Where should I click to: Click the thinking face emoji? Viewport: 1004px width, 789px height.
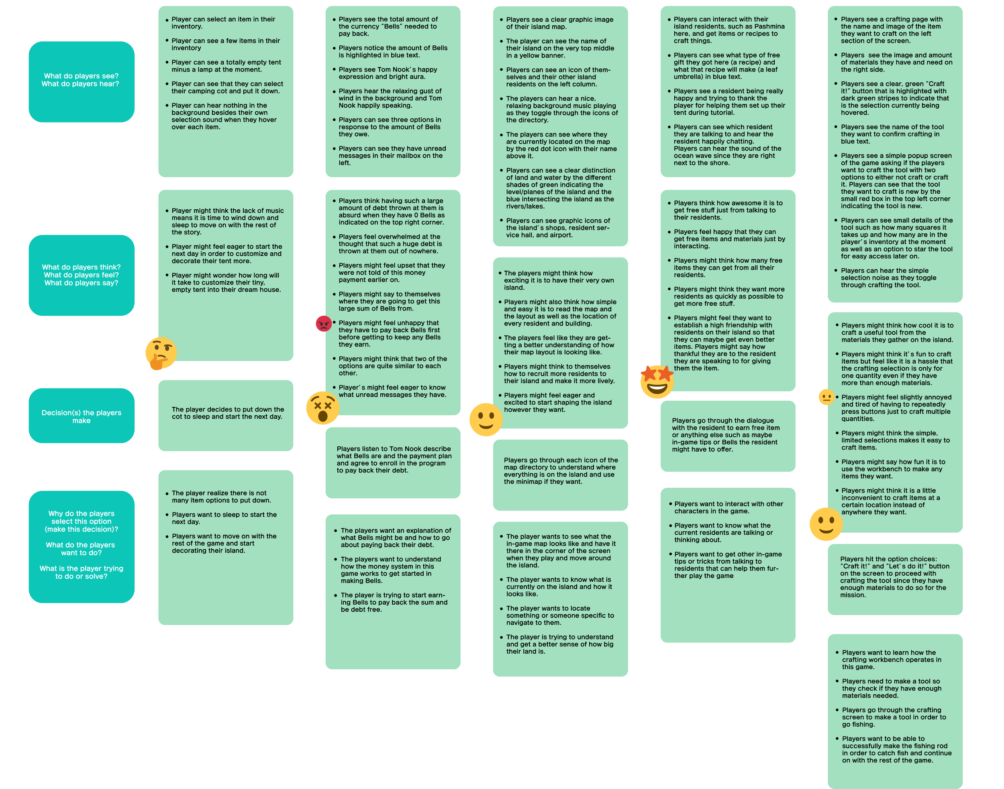click(160, 354)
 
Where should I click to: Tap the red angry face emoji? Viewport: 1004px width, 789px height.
click(323, 323)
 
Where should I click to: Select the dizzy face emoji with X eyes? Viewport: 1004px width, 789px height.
click(322, 408)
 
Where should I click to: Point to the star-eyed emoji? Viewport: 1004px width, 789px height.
click(657, 382)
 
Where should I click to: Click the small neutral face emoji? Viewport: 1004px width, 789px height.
click(826, 397)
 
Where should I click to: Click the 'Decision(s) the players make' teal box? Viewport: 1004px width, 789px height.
click(81, 416)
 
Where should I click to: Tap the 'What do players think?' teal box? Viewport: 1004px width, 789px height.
click(81, 275)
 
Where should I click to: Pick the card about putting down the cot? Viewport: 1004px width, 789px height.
click(226, 415)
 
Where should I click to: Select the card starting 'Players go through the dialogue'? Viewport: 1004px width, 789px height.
click(727, 435)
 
